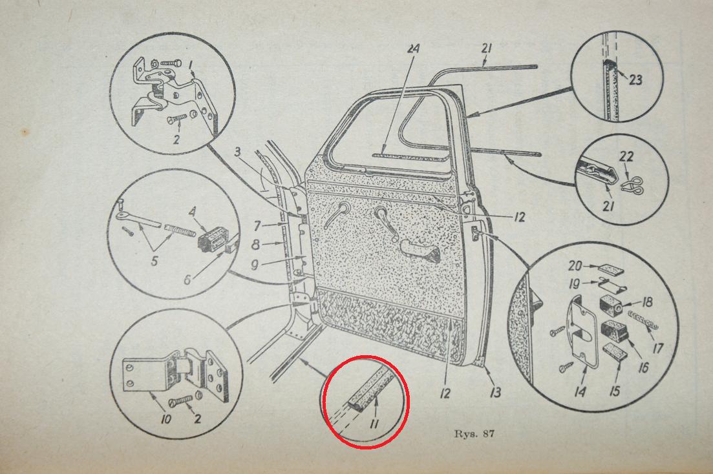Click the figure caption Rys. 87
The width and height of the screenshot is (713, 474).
(474, 433)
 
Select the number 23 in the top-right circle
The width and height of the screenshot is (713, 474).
(635, 79)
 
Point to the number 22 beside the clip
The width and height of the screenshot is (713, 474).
(626, 157)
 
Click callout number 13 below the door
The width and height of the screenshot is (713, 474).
(495, 392)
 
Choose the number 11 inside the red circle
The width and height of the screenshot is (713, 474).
(374, 424)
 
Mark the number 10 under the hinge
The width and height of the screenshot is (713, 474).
(166, 418)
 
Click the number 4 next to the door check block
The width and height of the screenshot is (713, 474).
(193, 212)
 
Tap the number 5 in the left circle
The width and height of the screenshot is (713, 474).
(154, 261)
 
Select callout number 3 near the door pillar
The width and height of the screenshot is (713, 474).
(238, 152)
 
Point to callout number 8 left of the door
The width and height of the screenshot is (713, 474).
(256, 245)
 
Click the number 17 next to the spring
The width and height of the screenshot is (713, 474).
(657, 347)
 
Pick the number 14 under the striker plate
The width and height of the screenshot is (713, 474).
(580, 391)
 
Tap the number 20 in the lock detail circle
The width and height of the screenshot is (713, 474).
(576, 265)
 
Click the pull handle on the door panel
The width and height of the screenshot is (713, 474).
(420, 252)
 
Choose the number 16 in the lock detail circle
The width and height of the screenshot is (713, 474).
(643, 367)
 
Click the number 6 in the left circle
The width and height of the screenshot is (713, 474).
(187, 280)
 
